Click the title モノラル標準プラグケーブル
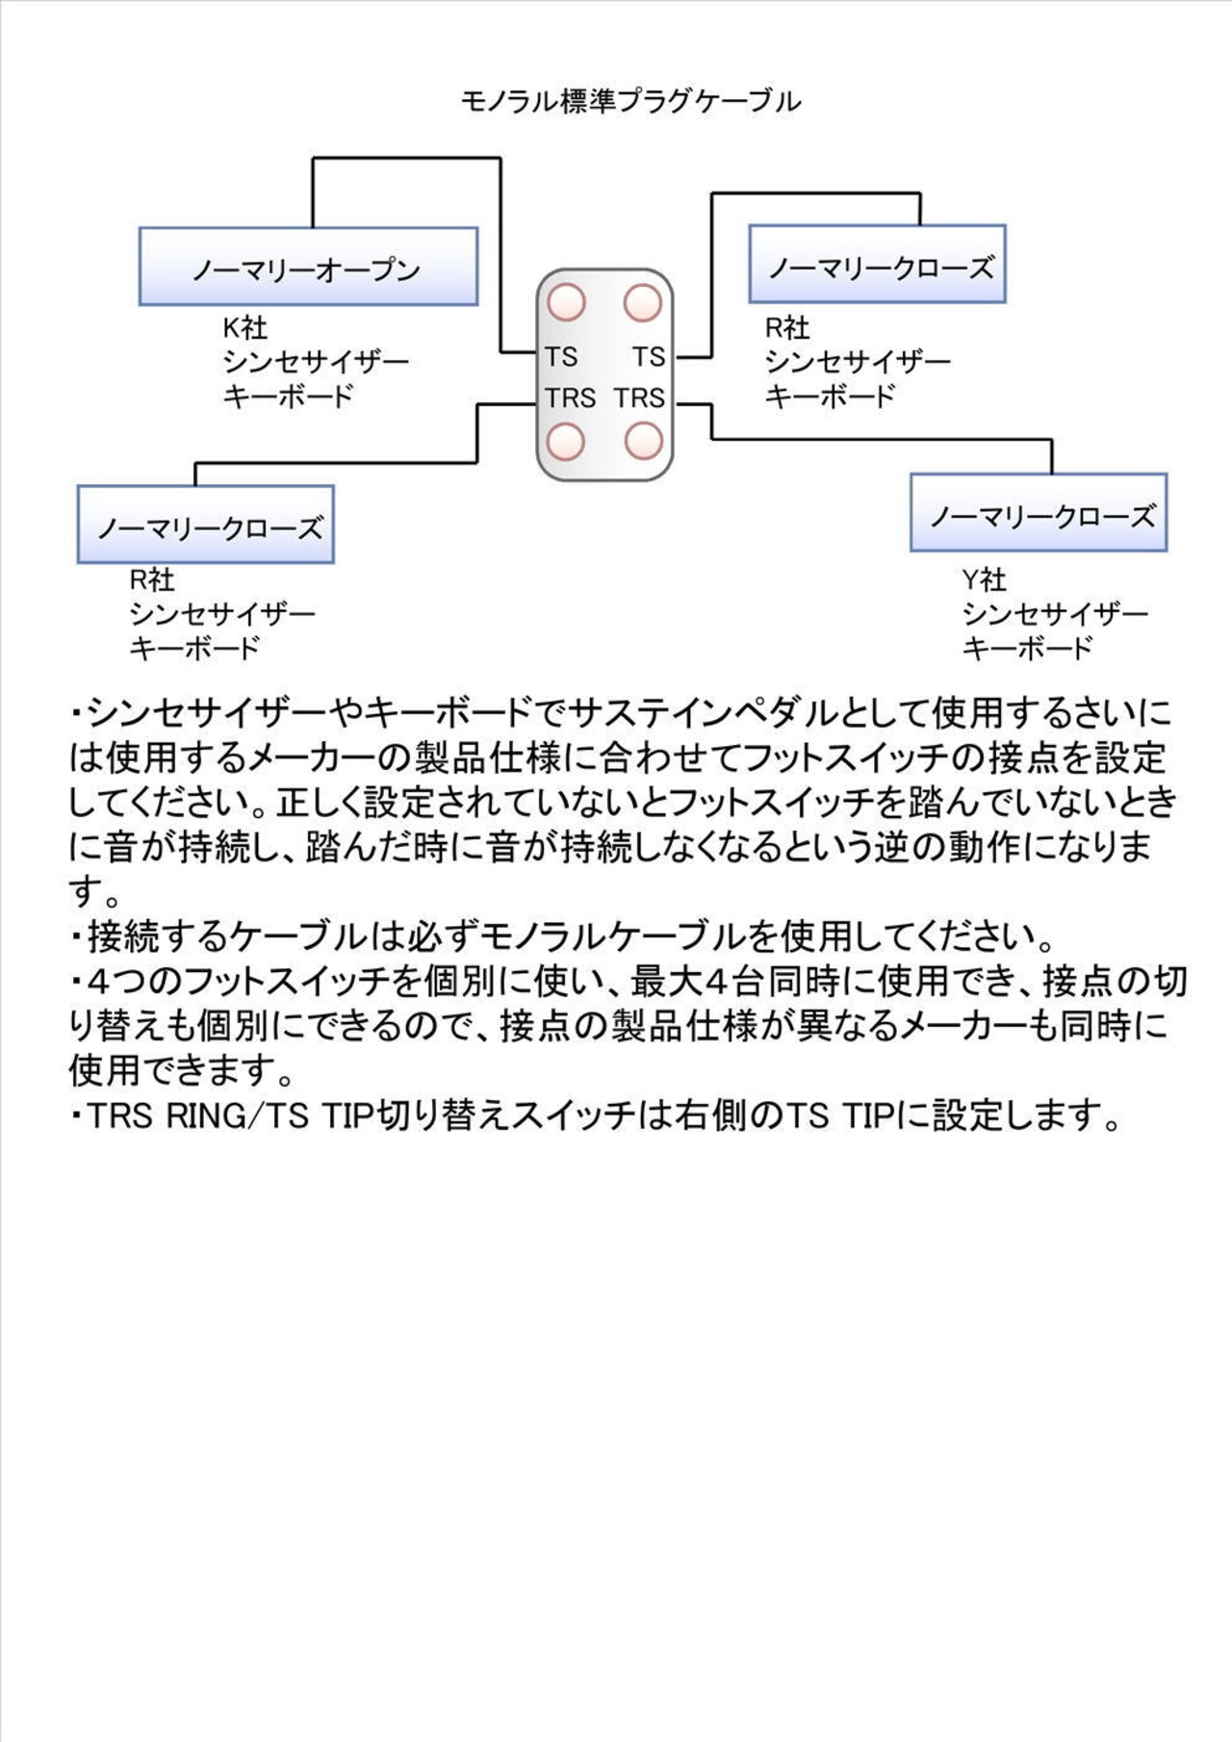pos(630,101)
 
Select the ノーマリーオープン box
pos(308,267)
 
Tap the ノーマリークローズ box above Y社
pos(1039,513)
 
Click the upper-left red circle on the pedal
pos(567,302)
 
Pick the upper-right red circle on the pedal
pos(643,302)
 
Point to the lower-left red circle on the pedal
pos(566,442)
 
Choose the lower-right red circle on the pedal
pos(643,442)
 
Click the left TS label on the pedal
pos(561,357)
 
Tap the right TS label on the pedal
pos(649,357)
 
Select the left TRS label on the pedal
pos(570,397)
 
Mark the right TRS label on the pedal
pos(640,397)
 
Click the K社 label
pos(244,328)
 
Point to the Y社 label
pos(984,579)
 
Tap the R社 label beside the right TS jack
pos(786,328)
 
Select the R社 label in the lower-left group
pos(152,579)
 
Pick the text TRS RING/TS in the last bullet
pos(197,1116)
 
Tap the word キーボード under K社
pos(289,396)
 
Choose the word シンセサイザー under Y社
pos(1055,614)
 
